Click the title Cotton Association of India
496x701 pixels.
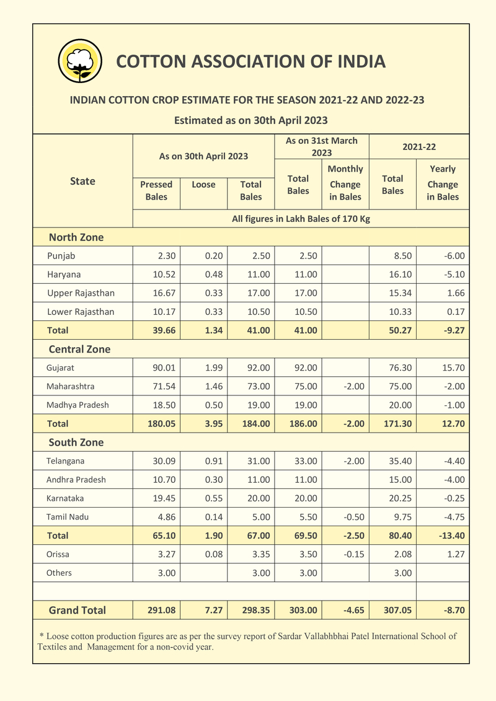click(251, 61)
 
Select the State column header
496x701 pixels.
click(82, 181)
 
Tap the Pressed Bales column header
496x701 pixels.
click(156, 190)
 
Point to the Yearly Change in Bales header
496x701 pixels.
click(443, 183)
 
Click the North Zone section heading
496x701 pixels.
click(76, 237)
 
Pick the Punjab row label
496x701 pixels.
click(61, 255)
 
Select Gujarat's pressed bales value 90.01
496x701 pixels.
click(164, 368)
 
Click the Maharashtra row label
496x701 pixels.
click(70, 386)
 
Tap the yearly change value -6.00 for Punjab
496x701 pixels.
click(454, 255)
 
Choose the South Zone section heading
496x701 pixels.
click(76, 442)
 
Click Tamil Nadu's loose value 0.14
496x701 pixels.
click(213, 516)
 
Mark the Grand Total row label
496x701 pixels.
click(77, 610)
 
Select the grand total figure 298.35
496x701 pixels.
click(255, 610)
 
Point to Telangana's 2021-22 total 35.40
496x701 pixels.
click(397, 461)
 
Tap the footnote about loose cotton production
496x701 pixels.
click(247, 641)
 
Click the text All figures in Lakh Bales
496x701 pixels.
click(301, 218)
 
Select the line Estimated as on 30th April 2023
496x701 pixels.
click(250, 120)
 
